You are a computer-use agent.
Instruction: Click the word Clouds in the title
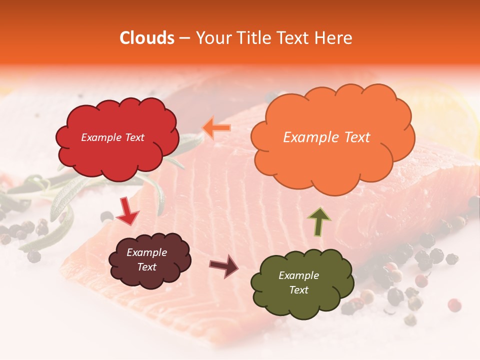tap(147, 38)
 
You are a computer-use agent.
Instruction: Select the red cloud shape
tap(117, 155)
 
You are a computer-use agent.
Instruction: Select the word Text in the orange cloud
tap(353, 137)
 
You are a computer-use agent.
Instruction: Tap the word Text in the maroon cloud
tap(147, 267)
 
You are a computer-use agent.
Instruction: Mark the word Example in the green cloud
tap(298, 275)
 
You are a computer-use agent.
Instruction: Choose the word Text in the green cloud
tap(298, 290)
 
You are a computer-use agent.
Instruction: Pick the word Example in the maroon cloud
tap(147, 252)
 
